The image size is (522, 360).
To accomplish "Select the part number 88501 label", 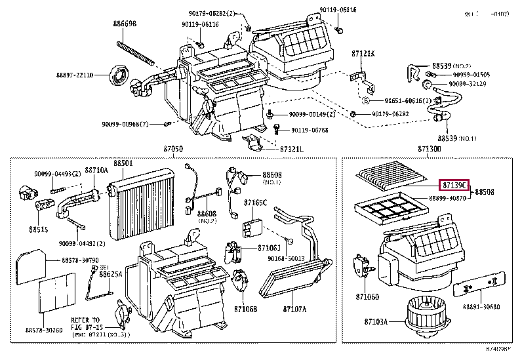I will [x=123, y=163].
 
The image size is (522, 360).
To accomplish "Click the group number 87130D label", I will [x=430, y=150].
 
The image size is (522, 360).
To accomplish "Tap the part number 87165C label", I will [x=256, y=203].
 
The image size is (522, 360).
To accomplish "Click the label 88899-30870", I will [x=447, y=198].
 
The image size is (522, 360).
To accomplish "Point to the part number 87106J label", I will [x=269, y=247].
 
